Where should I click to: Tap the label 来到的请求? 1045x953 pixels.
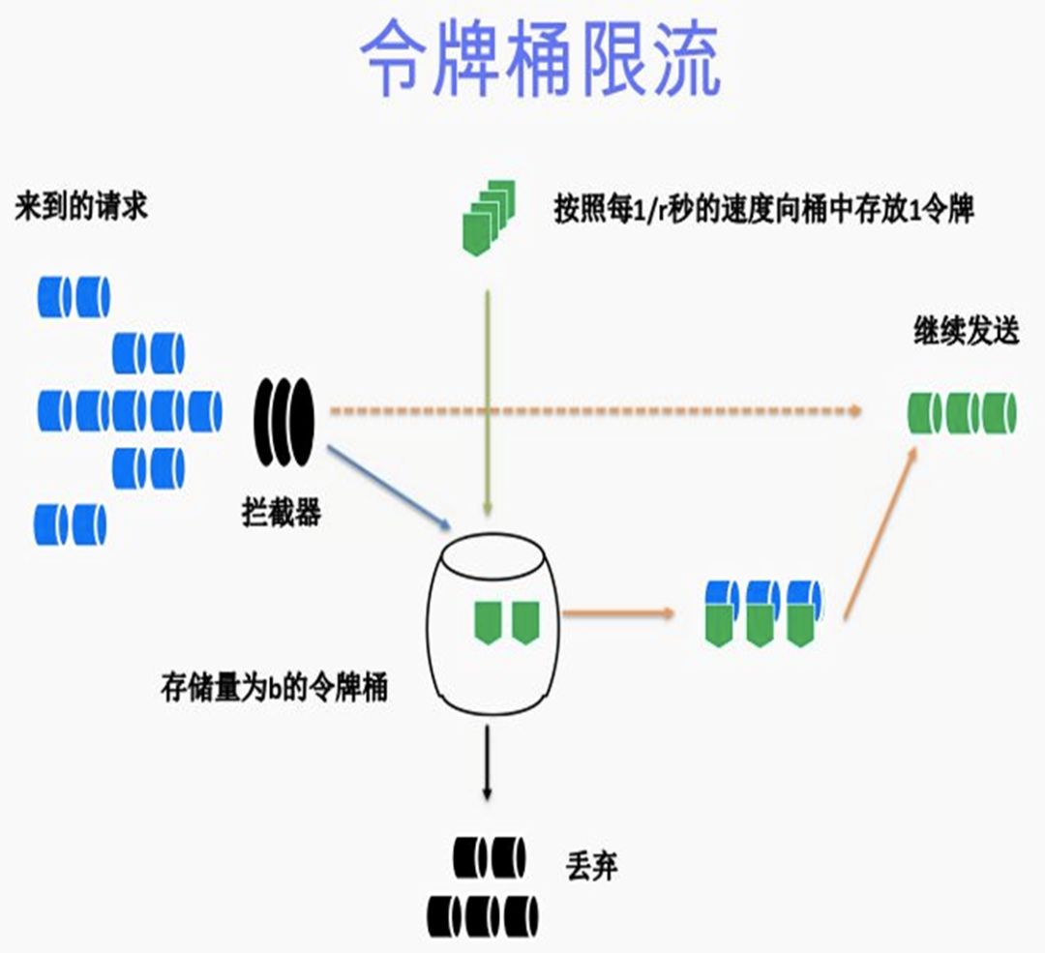[81, 207]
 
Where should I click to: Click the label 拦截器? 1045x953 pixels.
[281, 512]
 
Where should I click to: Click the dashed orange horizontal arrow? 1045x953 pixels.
[590, 411]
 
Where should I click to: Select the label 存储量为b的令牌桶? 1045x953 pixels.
[274, 689]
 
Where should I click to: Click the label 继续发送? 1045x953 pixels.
[966, 331]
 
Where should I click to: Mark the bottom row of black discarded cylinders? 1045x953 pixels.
[483, 913]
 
